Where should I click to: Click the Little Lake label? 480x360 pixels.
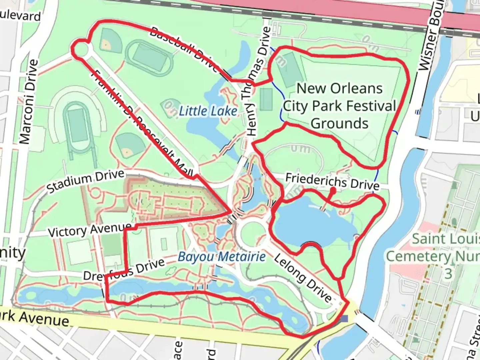point(208,111)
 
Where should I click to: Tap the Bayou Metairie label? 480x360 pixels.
point(222,257)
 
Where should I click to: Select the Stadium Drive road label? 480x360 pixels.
point(85,181)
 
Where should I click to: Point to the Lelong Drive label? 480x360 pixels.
point(303,277)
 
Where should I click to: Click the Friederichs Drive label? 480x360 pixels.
point(332,182)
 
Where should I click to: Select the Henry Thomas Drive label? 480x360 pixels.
point(257,82)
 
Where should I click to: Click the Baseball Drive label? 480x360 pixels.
point(183,49)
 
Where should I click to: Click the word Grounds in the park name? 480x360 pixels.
point(339,123)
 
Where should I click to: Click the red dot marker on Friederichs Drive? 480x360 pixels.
point(333,191)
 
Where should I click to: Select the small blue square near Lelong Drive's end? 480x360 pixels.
point(344,319)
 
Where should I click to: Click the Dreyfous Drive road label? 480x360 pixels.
point(124,270)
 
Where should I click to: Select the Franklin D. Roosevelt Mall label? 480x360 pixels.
point(142,123)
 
